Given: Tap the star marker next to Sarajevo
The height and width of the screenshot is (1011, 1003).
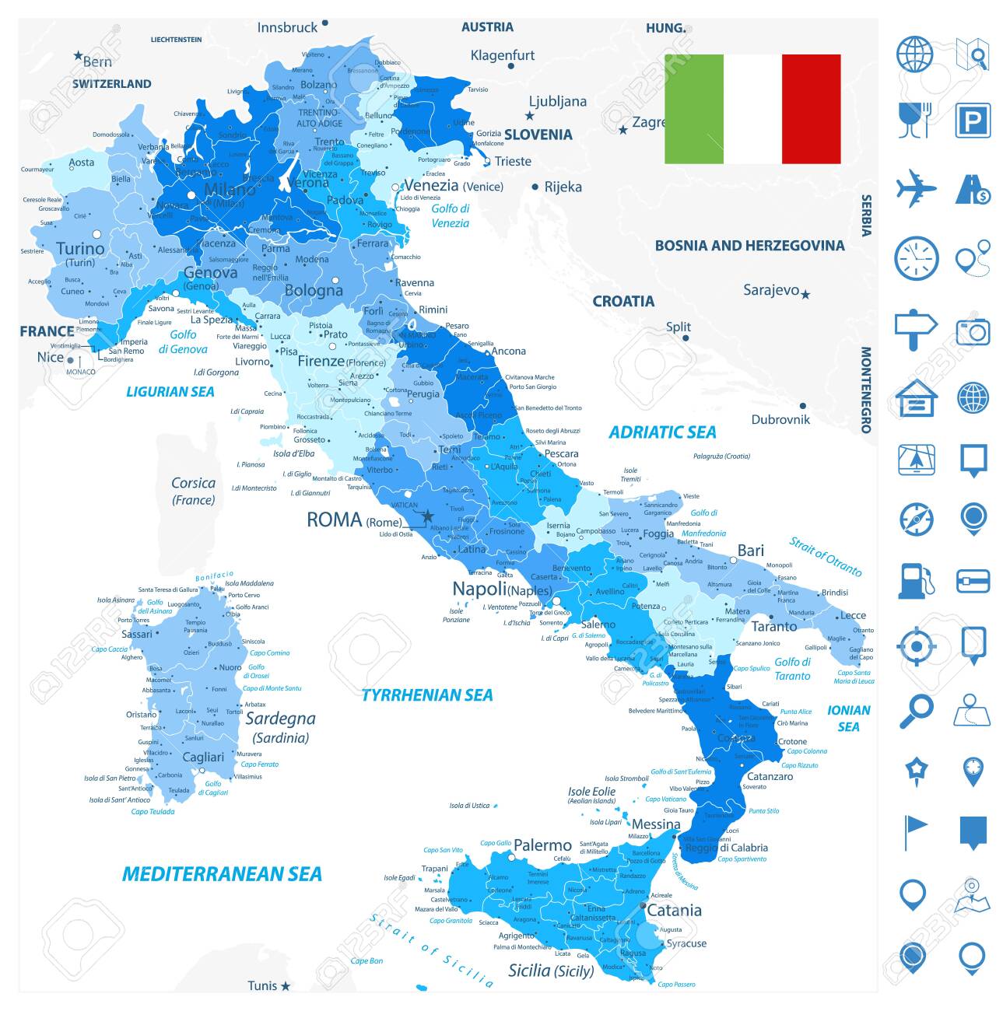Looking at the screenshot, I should [805, 295].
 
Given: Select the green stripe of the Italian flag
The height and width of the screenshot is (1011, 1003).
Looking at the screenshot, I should [693, 109].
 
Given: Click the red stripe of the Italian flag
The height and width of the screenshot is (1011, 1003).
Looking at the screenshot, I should [811, 109].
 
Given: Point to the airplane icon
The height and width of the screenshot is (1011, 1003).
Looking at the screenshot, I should [916, 189].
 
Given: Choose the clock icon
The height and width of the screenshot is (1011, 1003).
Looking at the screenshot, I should [916, 258].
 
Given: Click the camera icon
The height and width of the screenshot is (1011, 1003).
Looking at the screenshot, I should [973, 331].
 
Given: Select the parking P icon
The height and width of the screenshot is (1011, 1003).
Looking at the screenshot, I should [973, 121].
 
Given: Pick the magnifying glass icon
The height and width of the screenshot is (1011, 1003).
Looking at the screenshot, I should [916, 710].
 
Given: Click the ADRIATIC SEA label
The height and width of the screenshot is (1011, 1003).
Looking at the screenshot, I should [661, 432].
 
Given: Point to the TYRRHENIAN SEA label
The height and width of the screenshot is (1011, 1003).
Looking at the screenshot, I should [427, 694].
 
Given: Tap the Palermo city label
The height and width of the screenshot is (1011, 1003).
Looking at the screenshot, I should [542, 845].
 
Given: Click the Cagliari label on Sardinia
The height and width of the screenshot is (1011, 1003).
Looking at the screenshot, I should [202, 757].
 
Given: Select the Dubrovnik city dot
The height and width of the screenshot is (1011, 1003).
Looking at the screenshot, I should [802, 406].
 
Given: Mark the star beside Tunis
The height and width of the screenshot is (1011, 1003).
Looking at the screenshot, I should [286, 986].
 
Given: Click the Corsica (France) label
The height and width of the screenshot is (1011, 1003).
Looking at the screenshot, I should [193, 491].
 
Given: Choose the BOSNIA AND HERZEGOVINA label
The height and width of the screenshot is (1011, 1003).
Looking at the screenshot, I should [749, 246].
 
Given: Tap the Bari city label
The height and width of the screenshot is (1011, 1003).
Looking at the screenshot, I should [750, 551].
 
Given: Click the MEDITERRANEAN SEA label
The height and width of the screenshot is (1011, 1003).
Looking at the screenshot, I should [222, 873].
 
